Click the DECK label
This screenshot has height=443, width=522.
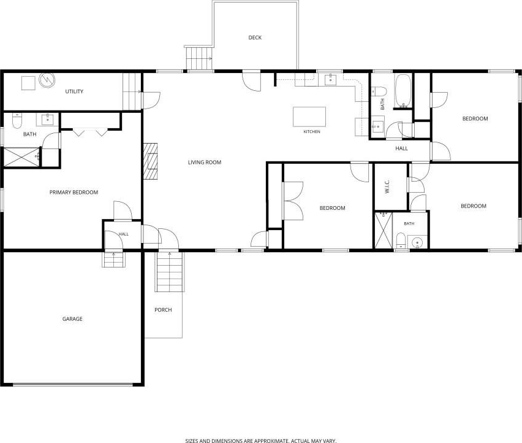pos(255,37)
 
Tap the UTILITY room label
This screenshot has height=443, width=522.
pos(74,91)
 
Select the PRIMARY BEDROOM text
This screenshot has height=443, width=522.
pos(74,192)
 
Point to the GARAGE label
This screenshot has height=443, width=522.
pos(72,319)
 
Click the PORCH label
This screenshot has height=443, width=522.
pos(163,310)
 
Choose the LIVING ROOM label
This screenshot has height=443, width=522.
pos(205,163)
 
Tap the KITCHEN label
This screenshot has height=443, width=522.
pos(312,132)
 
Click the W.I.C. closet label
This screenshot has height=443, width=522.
pos(387,187)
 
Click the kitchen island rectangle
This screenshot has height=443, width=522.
pos(309,117)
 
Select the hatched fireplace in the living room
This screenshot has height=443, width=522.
pos(151,161)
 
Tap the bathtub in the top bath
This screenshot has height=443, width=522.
pos(403,91)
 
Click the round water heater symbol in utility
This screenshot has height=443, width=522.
pos(47,80)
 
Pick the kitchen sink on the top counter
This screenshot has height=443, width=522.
pos(330,80)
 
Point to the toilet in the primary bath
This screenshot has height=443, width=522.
pos(17,121)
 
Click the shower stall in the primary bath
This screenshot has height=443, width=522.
pos(22,157)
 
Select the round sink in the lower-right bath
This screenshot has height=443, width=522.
pos(417,242)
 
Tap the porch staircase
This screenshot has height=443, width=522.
pos(170,272)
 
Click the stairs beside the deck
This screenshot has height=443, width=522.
pos(199,58)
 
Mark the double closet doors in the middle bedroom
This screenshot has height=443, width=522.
pos(293,201)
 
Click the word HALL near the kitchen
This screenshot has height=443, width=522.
pos(401,148)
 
